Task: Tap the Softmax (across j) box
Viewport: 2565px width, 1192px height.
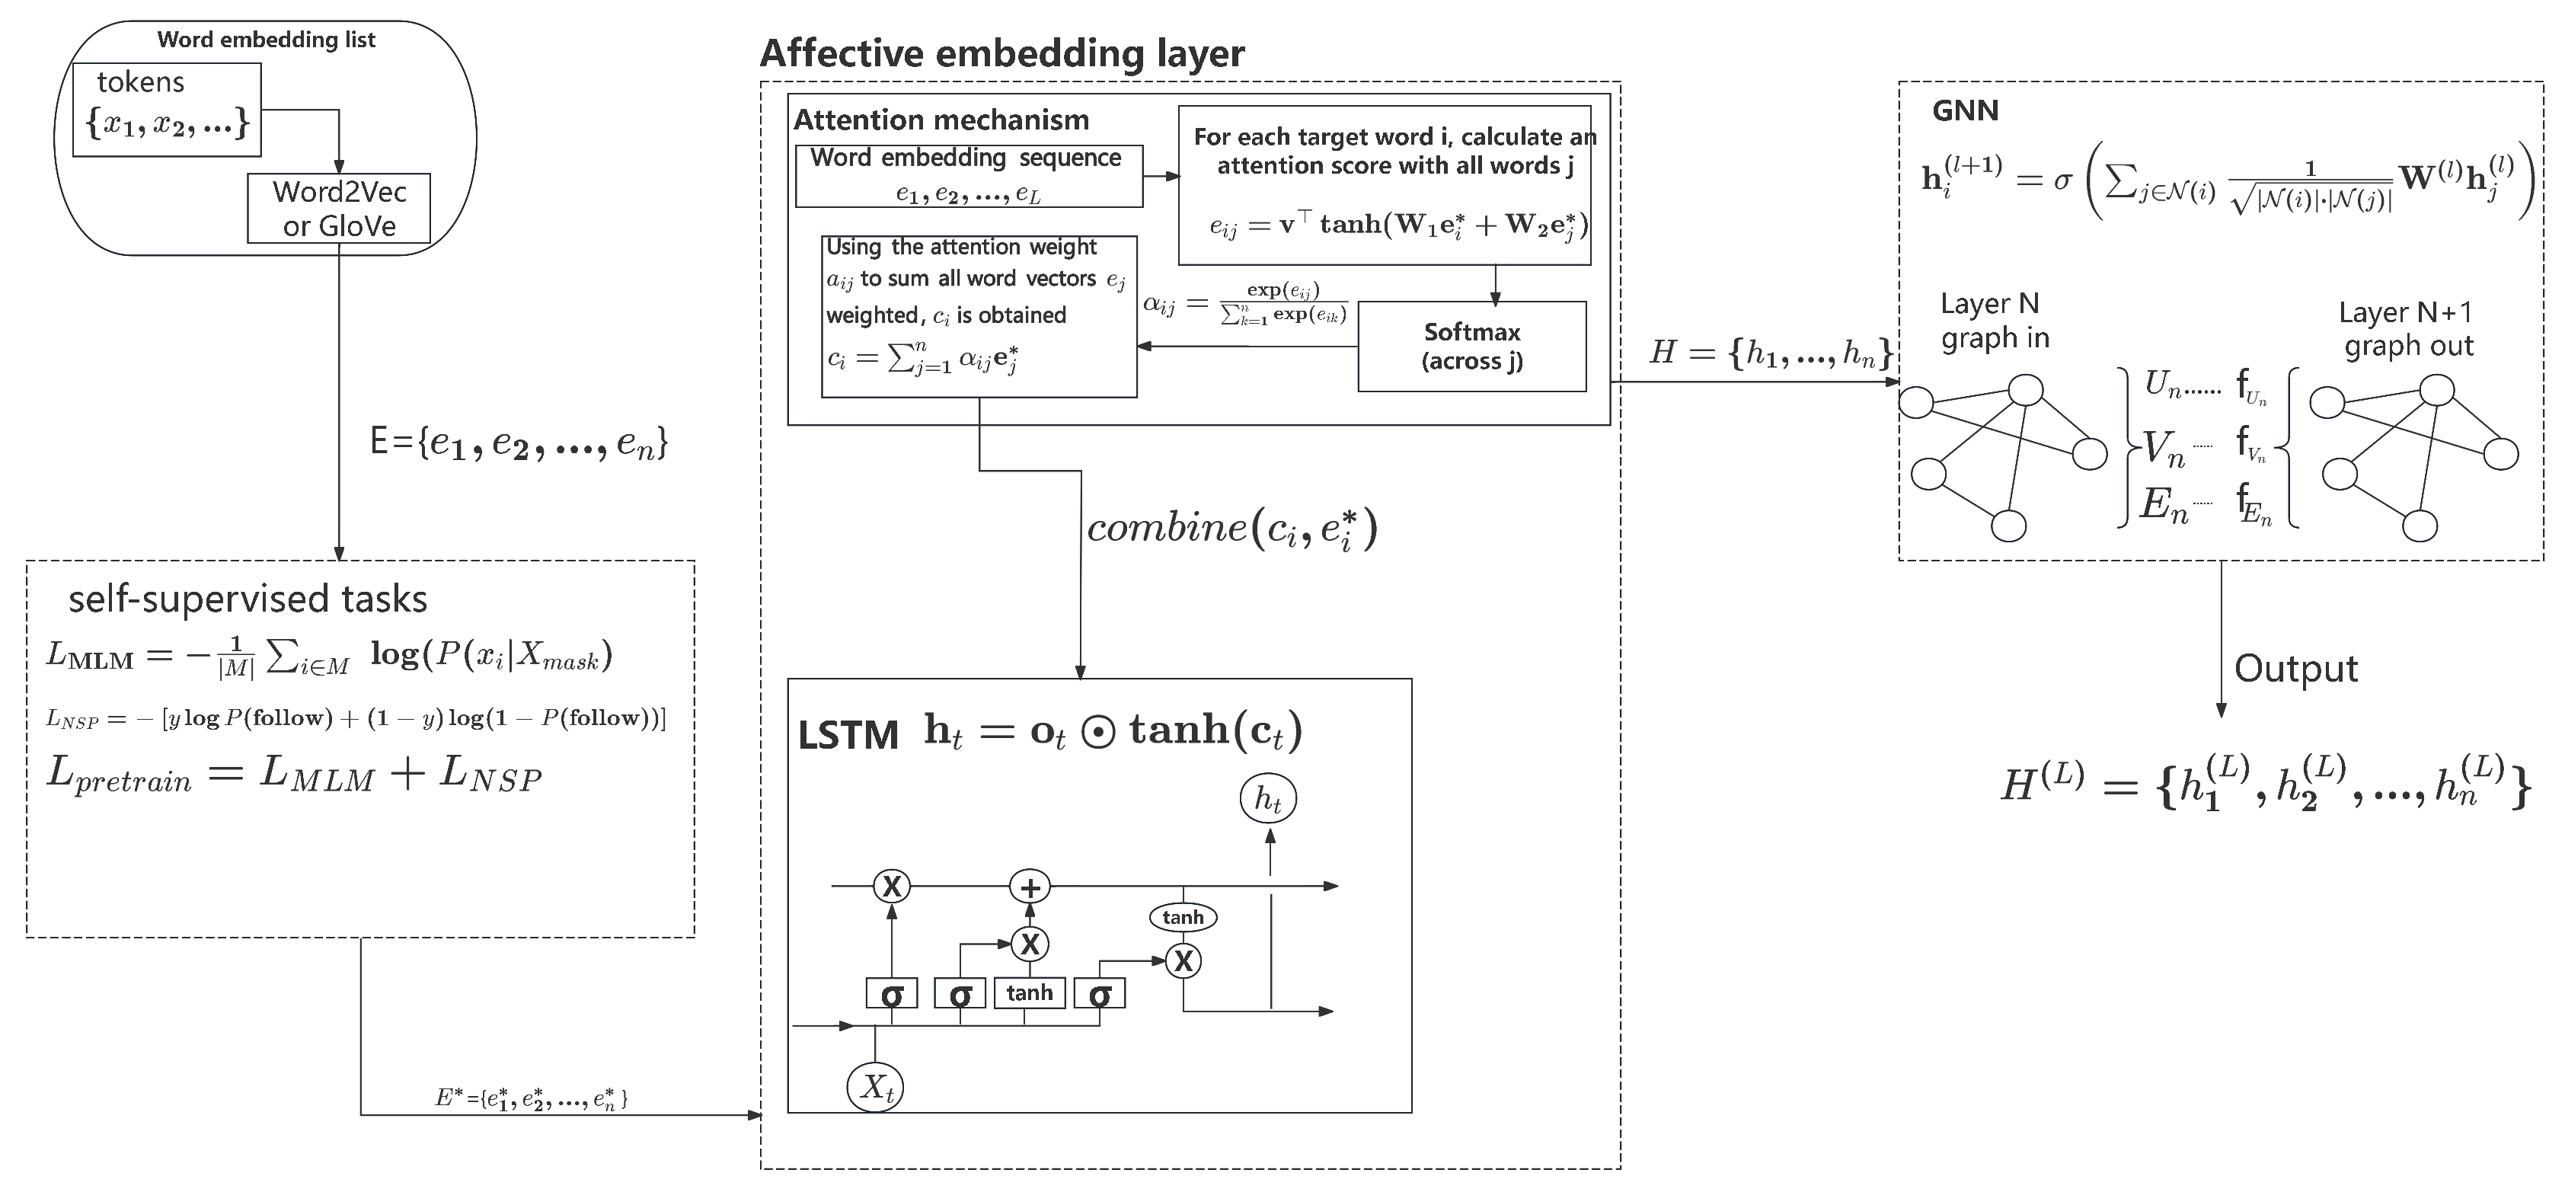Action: (1471, 347)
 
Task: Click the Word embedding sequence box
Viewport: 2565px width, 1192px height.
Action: (968, 176)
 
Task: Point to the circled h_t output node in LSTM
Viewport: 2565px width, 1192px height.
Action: (1267, 799)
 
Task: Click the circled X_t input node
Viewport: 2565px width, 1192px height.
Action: (875, 1088)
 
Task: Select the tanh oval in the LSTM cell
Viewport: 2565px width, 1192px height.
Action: (1183, 917)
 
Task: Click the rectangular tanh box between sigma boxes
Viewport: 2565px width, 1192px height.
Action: (1030, 993)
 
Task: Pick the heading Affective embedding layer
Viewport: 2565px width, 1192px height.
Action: (1001, 53)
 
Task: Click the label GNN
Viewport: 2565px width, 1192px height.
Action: (1965, 110)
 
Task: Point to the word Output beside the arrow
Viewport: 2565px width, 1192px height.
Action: (2295, 668)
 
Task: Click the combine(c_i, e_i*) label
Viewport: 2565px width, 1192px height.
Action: (1231, 529)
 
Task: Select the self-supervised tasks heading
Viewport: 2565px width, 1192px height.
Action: (248, 599)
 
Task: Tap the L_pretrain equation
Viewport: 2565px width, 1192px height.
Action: (294, 775)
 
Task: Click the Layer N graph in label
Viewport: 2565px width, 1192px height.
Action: (1995, 321)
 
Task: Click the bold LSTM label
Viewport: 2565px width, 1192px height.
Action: (848, 736)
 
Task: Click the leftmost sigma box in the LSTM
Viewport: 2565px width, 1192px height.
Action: (891, 994)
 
